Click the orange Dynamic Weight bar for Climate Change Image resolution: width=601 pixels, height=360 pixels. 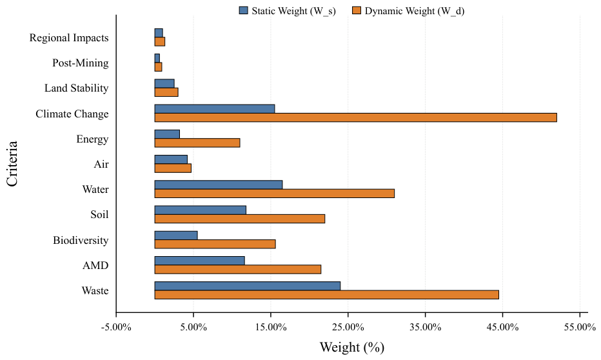point(356,117)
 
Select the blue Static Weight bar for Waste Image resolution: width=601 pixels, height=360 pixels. point(248,286)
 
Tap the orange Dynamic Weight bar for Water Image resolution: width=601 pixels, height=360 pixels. point(275,194)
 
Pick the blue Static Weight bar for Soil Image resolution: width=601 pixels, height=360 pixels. point(201,210)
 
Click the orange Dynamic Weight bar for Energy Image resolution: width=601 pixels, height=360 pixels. point(197,143)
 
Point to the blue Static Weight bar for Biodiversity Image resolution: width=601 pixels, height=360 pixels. point(176,235)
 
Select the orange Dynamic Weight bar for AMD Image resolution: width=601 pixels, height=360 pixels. point(238,269)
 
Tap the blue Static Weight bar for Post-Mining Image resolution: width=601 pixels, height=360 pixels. point(157,58)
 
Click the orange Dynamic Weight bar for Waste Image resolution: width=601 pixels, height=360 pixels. point(326,294)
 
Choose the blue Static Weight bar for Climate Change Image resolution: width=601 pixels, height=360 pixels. point(215,109)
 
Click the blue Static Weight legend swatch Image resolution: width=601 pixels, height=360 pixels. point(243,10)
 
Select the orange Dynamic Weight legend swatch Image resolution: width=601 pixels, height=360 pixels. point(357,10)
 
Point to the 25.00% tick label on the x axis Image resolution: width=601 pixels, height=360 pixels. point(348,327)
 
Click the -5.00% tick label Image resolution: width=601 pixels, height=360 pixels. point(116,327)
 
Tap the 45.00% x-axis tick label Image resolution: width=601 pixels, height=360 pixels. point(503,327)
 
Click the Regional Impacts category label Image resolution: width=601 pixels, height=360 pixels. point(69,37)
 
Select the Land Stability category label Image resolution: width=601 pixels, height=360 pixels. point(77,88)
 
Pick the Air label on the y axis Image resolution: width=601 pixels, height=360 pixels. point(101,164)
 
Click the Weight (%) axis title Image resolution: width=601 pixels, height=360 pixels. point(352,347)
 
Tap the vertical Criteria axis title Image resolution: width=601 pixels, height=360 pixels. point(12,164)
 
